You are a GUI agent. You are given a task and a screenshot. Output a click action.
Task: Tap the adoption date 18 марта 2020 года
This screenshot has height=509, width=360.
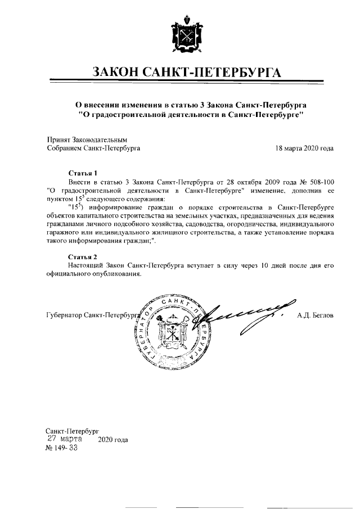coord(304,148)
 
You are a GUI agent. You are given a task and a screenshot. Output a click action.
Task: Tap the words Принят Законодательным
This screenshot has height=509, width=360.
coord(87,139)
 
